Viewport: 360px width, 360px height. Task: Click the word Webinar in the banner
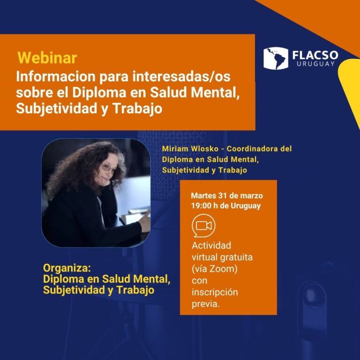tap(47, 58)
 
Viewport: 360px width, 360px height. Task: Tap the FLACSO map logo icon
tap(275, 58)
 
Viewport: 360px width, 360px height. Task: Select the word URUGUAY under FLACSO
tap(315, 64)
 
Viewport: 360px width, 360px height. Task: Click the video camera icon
tap(204, 225)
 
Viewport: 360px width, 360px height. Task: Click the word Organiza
tap(66, 268)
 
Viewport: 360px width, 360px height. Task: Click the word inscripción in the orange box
tap(215, 292)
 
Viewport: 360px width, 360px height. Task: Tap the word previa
tap(206, 304)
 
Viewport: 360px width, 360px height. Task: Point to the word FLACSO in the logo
tap(315, 55)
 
